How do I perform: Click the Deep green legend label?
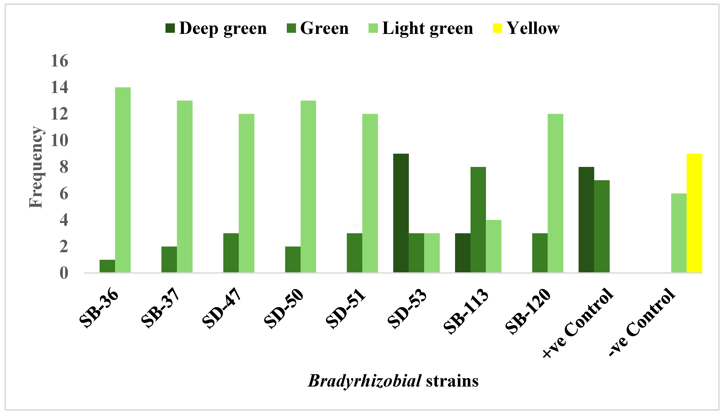pos(223,28)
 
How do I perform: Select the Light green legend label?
pos(427,28)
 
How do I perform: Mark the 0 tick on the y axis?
pos(64,273)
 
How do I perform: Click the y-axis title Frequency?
pos(36,167)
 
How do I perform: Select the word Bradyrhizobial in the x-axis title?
pos(364,381)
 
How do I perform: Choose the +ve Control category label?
pos(578,323)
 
